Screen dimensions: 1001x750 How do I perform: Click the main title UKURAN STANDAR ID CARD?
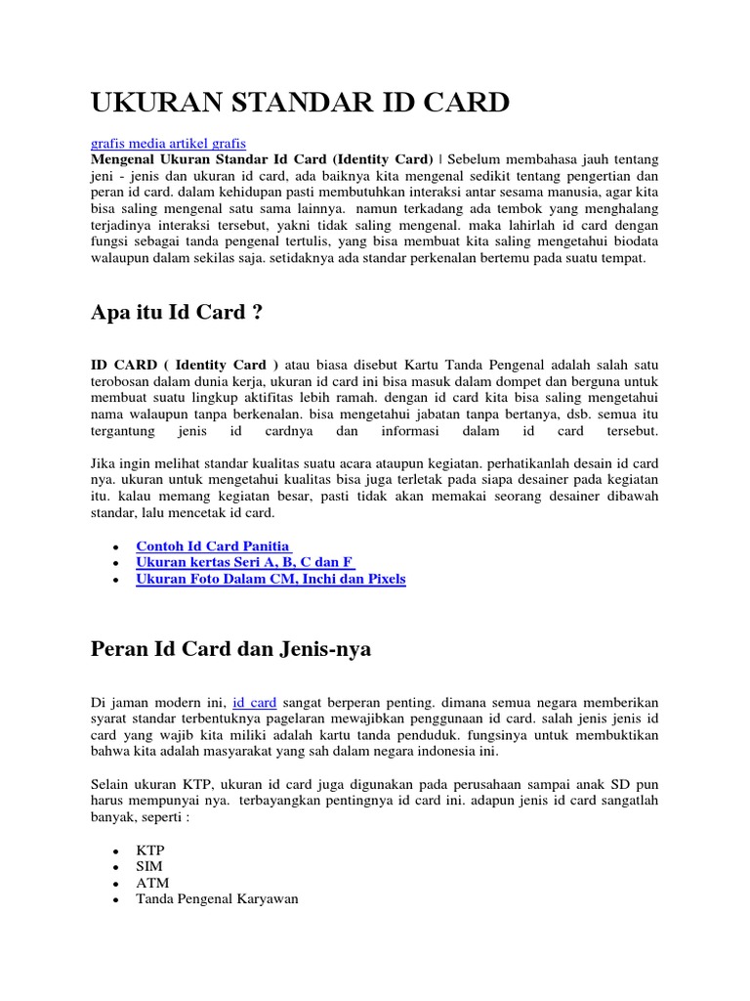pos(300,102)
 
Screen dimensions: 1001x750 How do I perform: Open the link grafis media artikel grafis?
pos(168,143)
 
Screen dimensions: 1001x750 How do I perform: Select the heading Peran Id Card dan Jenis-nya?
pos(230,648)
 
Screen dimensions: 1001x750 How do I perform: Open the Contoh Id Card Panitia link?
pos(214,545)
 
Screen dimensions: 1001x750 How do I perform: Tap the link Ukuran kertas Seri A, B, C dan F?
pos(245,562)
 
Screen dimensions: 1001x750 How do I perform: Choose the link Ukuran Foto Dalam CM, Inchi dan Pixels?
pos(271,579)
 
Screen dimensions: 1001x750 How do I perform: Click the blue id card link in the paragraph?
pos(255,702)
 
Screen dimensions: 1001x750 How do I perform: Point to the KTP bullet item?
pos(150,850)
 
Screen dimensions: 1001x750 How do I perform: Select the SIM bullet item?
pos(149,866)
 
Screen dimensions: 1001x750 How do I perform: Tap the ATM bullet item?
pos(152,883)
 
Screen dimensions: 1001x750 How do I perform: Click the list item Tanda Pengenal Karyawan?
pos(217,898)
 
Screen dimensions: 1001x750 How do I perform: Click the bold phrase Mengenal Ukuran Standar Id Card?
pos(208,159)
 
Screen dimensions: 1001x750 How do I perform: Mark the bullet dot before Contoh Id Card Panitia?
pos(116,546)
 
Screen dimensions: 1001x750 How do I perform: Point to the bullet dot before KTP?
pos(116,851)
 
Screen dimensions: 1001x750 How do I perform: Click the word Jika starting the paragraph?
pos(104,461)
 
